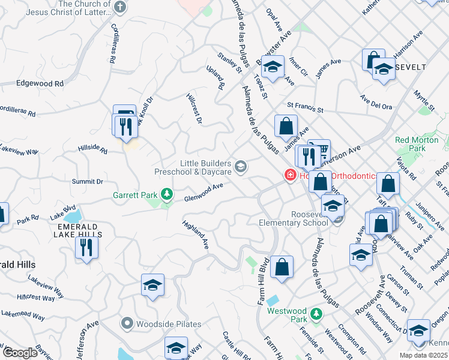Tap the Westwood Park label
[286, 311]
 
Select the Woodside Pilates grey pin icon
[126, 324]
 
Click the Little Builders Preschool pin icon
[241, 167]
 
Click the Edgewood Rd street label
[40, 84]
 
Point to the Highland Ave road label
[196, 235]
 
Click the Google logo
[20, 353]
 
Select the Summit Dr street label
[88, 181]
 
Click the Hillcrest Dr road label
[194, 109]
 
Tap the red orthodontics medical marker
[290, 175]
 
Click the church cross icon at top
[120, 7]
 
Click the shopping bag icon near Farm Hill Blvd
[282, 267]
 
